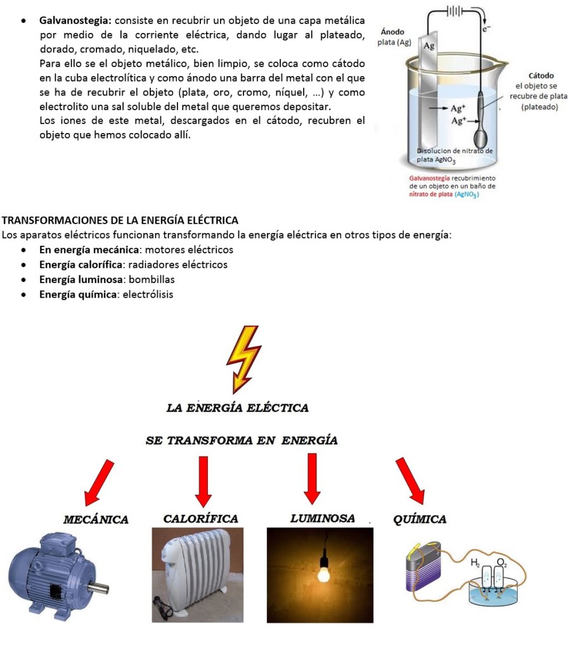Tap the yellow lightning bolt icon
pyautogui.click(x=243, y=359)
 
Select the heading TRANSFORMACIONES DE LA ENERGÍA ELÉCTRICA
pyautogui.click(x=120, y=220)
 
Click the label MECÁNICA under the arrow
pyautogui.click(x=96, y=520)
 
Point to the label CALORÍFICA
pyautogui.click(x=201, y=519)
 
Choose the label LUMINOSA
pyautogui.click(x=322, y=519)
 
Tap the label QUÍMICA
pyautogui.click(x=420, y=519)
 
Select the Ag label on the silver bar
pyautogui.click(x=429, y=46)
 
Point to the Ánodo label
pyautogui.click(x=392, y=32)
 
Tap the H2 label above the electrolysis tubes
pyautogui.click(x=475, y=562)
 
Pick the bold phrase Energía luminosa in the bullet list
pyautogui.click(x=81, y=279)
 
